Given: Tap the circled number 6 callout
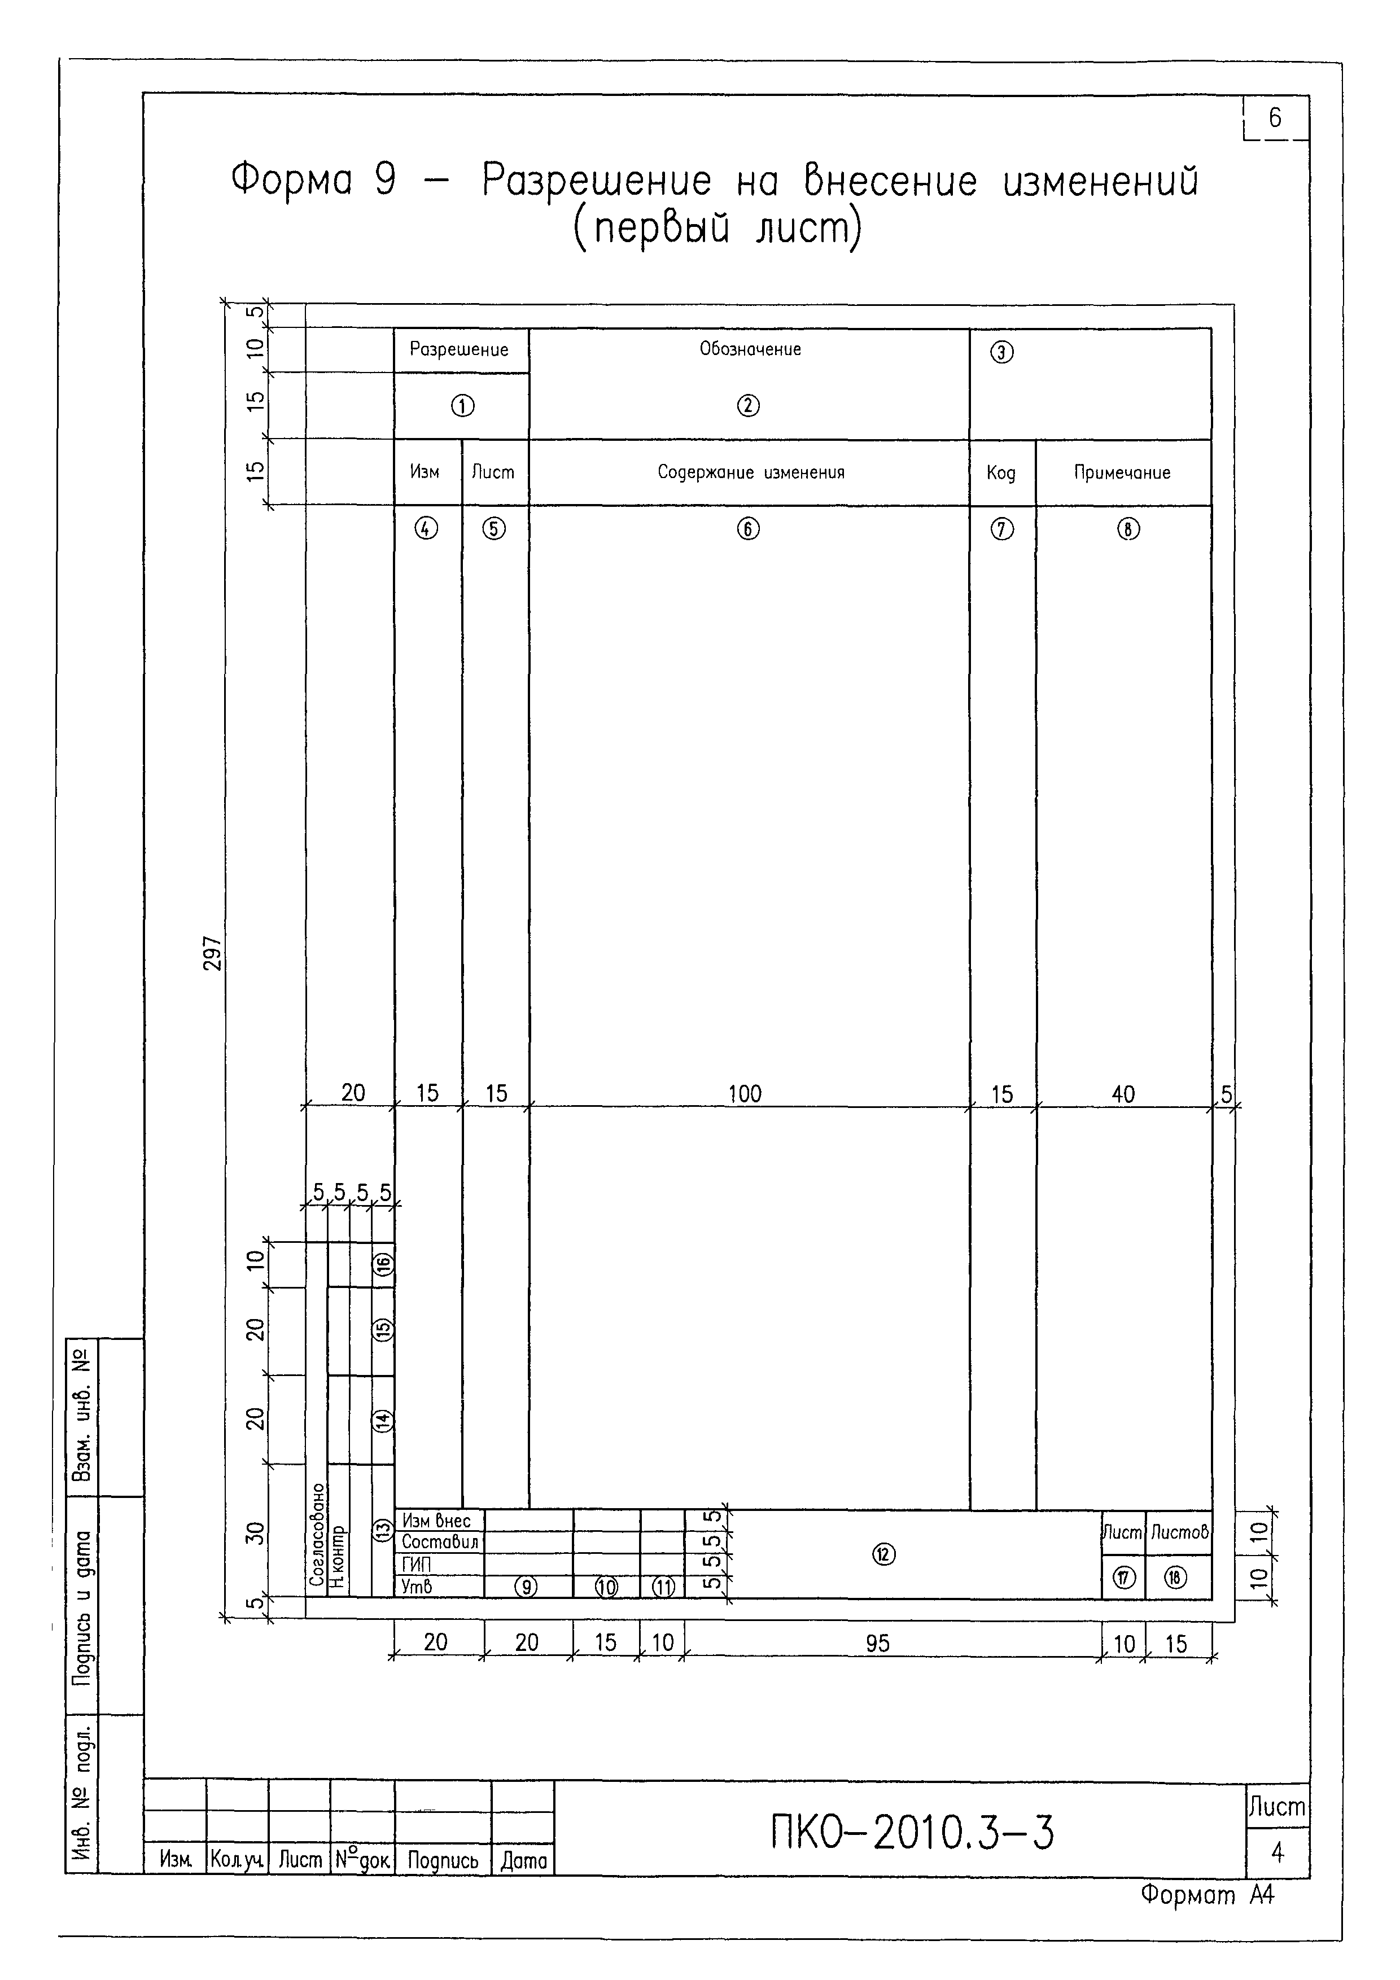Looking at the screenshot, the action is pos(748,529).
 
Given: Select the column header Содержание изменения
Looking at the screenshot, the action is pos(750,472).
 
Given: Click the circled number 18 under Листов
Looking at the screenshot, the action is pos(1176,1577).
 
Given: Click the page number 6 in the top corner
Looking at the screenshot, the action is pos(1275,117).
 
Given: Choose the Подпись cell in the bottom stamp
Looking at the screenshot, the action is pos(443,1860).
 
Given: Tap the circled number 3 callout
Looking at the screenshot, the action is pos(1001,352).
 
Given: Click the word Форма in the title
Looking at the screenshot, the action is pos(291,179).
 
